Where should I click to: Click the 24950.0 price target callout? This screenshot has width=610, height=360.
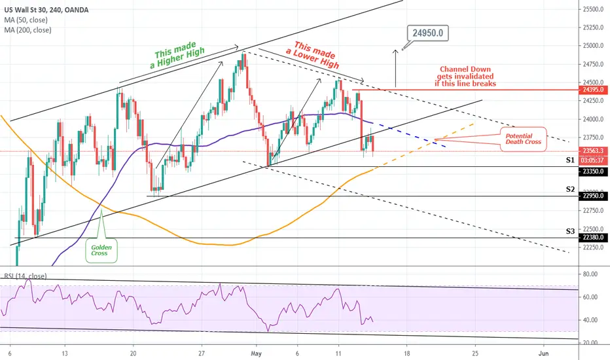428,33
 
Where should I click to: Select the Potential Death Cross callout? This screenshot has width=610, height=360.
523,139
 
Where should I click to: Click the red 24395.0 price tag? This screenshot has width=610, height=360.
593,90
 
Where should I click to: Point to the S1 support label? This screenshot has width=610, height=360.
570,160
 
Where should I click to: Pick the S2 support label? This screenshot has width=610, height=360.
570,190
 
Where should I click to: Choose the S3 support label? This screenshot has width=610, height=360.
570,231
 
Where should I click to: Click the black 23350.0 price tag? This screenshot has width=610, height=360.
593,171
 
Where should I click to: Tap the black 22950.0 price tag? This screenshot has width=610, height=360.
593,196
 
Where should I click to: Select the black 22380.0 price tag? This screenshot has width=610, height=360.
593,238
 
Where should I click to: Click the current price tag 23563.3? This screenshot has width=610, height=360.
593,151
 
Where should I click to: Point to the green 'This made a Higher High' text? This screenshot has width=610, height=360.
177,55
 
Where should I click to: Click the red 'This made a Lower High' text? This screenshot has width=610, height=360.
314,54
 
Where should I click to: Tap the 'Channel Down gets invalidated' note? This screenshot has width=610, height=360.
465,77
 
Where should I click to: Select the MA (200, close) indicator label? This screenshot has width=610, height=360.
27,30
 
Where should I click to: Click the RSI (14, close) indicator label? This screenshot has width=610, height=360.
26,276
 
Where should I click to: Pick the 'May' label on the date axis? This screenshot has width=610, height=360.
257,353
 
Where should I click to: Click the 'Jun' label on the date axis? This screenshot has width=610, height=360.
543,353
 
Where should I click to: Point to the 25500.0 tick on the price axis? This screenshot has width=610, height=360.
592,9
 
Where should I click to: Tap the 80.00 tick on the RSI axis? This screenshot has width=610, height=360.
590,274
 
